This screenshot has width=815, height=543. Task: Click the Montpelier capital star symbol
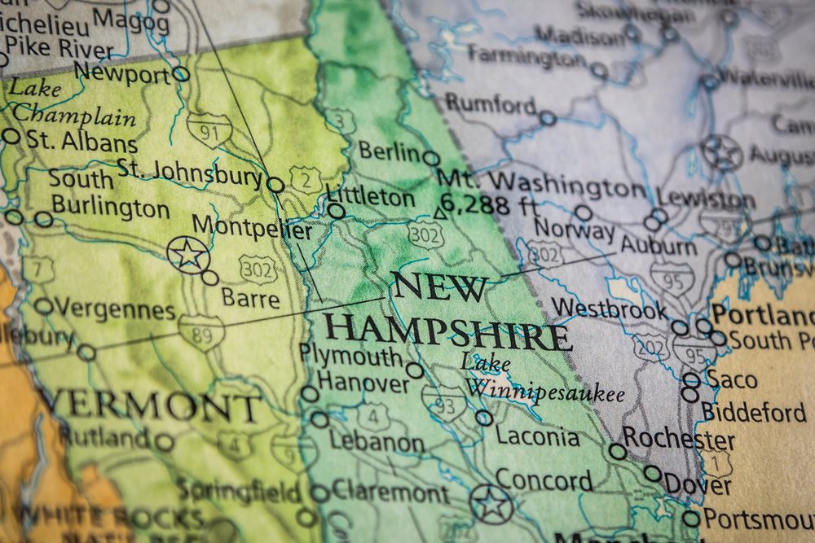pyautogui.click(x=188, y=254)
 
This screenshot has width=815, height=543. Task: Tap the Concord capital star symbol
pyautogui.click(x=492, y=504)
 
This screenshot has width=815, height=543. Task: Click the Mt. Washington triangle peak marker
pyautogui.click(x=440, y=212)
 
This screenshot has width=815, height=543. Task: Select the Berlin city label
pyautogui.click(x=390, y=151)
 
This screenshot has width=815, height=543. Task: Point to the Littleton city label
pyautogui.click(x=370, y=197)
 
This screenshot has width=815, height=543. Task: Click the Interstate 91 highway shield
pyautogui.click(x=209, y=129)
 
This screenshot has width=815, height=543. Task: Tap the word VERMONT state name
pyautogui.click(x=150, y=405)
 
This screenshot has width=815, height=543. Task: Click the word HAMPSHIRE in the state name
pyautogui.click(x=447, y=332)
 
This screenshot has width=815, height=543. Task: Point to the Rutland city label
pyautogui.click(x=105, y=437)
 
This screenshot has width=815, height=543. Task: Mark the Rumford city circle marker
pyautogui.click(x=548, y=118)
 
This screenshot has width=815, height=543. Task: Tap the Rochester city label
pyautogui.click(x=678, y=440)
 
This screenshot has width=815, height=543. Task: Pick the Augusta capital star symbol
pyautogui.click(x=722, y=152)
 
